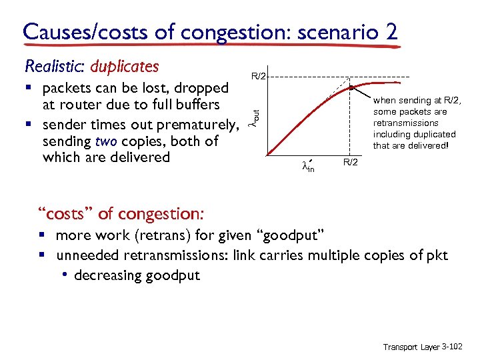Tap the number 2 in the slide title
[x=391, y=31]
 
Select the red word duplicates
[x=125, y=67]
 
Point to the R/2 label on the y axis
[x=259, y=77]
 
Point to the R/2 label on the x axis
[x=350, y=163]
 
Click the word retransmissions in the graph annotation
[x=405, y=123]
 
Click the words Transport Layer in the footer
[x=411, y=347]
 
